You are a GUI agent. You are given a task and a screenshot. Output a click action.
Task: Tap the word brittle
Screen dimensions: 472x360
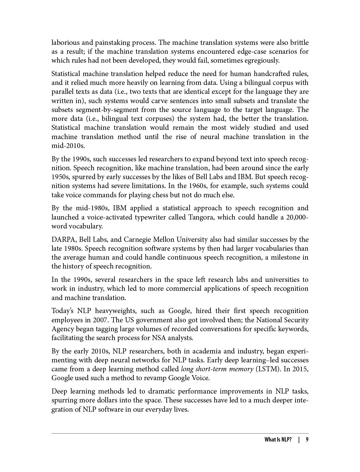coord(299,42)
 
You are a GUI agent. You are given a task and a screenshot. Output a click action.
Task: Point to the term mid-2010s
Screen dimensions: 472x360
coord(68,146)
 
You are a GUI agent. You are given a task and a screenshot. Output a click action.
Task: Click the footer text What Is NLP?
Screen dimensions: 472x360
coord(278,440)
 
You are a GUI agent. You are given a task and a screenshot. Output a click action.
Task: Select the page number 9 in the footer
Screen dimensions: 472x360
coord(307,440)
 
